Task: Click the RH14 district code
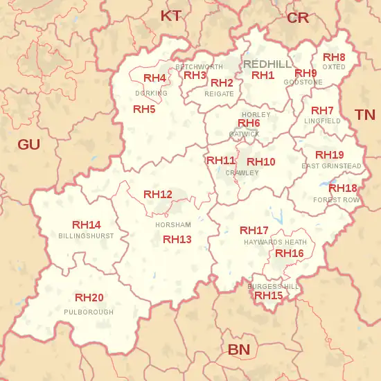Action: [x=87, y=224]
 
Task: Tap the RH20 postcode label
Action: [x=89, y=298]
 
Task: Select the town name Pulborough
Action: [x=88, y=312]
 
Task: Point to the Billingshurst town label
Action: [x=87, y=236]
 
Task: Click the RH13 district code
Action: [x=177, y=239]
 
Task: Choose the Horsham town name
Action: [x=173, y=225]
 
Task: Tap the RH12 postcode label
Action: [x=158, y=194]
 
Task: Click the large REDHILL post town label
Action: [x=268, y=64]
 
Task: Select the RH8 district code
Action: [x=334, y=57]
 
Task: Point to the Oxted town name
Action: [x=334, y=67]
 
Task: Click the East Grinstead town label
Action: [x=331, y=166]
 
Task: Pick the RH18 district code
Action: [x=343, y=188]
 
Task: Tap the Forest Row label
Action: [x=337, y=200]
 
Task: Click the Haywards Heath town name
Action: [x=275, y=242]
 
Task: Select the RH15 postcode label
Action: [x=269, y=295]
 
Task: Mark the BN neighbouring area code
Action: [x=239, y=349]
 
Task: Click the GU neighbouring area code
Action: [x=29, y=144]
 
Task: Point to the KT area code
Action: [x=171, y=15]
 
